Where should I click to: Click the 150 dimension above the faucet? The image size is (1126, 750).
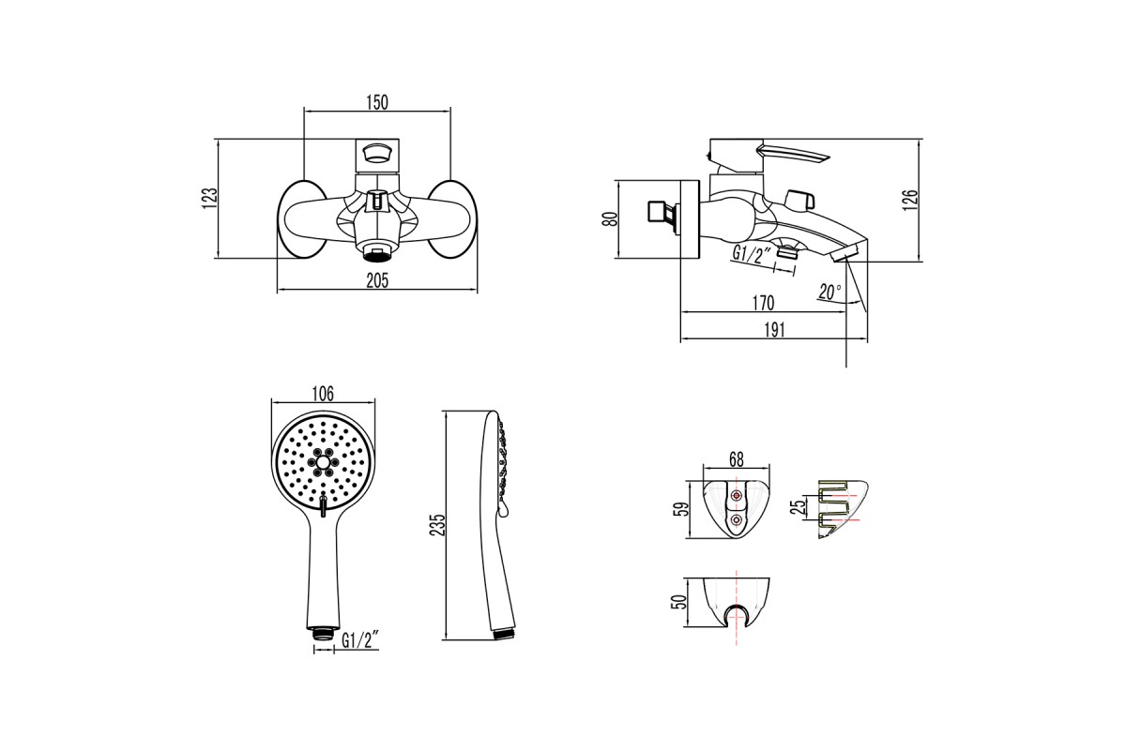(x=377, y=102)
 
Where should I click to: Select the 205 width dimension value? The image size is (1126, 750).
(x=377, y=281)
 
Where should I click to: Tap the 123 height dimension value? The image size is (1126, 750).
(x=210, y=199)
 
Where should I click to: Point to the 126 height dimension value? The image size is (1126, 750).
(x=910, y=200)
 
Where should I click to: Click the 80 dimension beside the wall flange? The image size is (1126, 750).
(x=610, y=219)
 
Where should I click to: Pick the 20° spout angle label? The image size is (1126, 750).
(x=829, y=292)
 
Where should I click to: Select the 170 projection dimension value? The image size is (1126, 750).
(x=763, y=303)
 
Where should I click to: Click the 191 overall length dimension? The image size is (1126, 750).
(x=775, y=330)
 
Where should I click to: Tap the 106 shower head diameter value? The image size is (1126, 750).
(x=323, y=395)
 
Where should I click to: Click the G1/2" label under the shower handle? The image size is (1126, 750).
(x=360, y=640)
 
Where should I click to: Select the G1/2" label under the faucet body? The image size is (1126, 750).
(x=751, y=254)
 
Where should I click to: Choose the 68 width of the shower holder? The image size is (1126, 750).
(x=736, y=459)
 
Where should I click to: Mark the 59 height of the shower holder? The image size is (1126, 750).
(x=680, y=509)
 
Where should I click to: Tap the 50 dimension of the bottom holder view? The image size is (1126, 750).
(x=679, y=602)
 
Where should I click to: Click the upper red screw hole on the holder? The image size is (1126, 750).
(x=737, y=496)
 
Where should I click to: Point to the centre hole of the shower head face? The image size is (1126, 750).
(x=323, y=461)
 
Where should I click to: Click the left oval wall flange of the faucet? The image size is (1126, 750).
(x=302, y=219)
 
